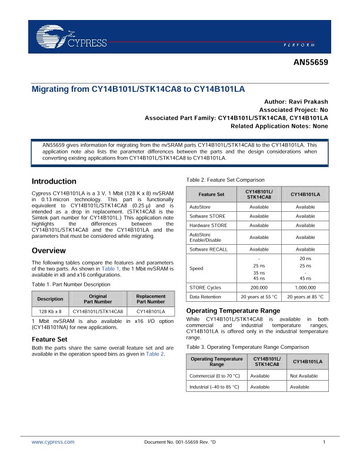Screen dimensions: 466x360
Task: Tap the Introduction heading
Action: (54, 181)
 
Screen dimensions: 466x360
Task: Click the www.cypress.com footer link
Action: (53, 441)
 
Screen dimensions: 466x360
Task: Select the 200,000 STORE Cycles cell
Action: (259, 287)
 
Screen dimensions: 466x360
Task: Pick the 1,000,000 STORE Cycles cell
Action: (305, 287)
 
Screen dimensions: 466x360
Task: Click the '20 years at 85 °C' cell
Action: (305, 297)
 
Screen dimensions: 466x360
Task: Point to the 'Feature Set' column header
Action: (211, 194)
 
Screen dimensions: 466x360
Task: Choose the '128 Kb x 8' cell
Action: (51, 311)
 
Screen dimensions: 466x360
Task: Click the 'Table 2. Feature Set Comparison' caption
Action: (225, 179)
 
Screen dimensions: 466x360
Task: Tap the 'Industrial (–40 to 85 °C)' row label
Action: (214, 387)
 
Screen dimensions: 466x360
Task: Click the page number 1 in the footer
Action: (324, 441)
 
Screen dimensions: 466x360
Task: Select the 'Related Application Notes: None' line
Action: (279, 126)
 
